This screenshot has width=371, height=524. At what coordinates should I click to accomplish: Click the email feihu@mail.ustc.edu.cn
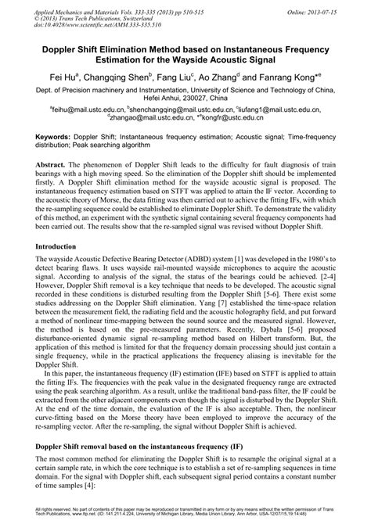click(85, 109)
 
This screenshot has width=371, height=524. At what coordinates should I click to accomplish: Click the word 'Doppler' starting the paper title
click(67, 48)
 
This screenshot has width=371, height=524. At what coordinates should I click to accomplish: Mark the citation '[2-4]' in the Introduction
click(331, 286)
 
